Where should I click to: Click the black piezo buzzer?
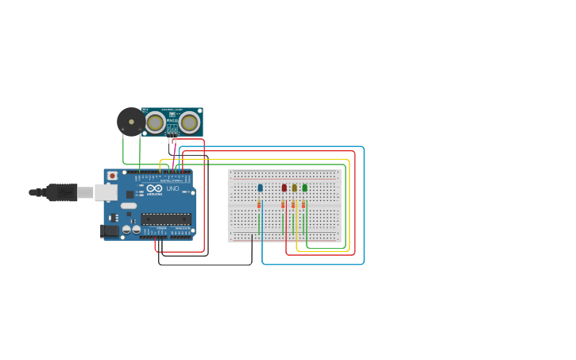(131, 122)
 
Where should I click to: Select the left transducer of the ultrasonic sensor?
(155, 122)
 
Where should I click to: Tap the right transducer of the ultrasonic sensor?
(189, 122)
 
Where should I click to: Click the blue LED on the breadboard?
(260, 188)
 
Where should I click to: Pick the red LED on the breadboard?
(284, 188)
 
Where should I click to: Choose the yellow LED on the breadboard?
(294, 188)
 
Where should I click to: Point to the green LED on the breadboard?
(304, 188)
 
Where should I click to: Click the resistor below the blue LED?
(259, 204)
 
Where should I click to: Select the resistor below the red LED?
(283, 204)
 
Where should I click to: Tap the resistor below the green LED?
(303, 204)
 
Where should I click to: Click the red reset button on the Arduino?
(112, 176)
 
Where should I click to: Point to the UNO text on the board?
(172, 188)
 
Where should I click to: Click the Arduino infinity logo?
(154, 188)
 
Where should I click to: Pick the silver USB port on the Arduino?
(106, 192)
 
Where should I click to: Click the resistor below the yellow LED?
(293, 204)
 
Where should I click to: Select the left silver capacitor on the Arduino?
(126, 230)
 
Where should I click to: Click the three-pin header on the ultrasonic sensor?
(172, 131)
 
